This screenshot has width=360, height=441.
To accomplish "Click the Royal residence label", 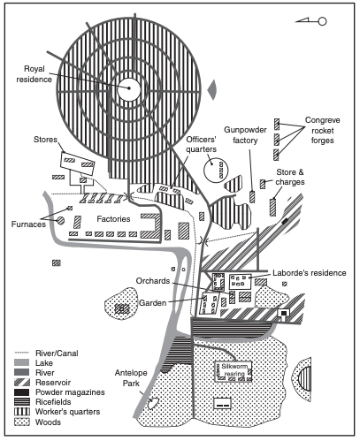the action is (x=34, y=74).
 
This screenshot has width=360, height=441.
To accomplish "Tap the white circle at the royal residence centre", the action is (x=129, y=89).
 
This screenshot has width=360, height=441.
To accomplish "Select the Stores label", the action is (x=45, y=140).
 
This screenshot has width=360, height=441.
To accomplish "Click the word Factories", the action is (x=113, y=219).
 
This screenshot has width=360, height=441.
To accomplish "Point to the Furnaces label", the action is (x=28, y=224).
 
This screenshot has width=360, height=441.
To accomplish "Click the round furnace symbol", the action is (x=60, y=220).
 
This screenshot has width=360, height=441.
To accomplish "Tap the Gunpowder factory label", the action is (x=245, y=135).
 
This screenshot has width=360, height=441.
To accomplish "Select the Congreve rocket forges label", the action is (x=322, y=130).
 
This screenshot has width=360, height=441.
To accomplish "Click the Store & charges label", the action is (x=290, y=177).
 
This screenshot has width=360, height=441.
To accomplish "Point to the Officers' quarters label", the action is (x=202, y=144).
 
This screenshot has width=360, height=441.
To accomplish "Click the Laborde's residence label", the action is (x=310, y=273).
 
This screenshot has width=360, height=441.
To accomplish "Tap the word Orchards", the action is (x=153, y=281).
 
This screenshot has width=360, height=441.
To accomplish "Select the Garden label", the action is (x=153, y=303).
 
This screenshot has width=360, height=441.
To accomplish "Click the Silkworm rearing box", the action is (x=234, y=371).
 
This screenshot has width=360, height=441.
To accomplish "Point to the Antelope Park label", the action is (x=131, y=378).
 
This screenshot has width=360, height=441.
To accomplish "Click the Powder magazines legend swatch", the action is (x=22, y=392).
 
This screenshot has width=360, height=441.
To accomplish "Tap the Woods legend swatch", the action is (x=22, y=422).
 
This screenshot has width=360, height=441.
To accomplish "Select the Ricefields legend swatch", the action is (x=22, y=402).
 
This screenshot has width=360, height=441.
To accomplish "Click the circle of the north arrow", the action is (x=322, y=21).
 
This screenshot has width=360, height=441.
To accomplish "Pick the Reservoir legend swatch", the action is (x=22, y=383).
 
